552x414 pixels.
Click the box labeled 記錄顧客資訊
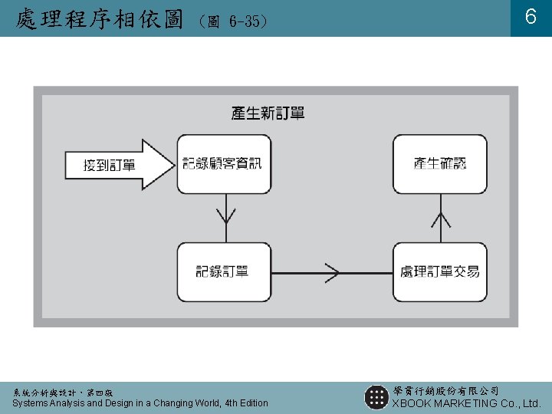[x=223, y=163]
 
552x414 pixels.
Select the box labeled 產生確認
[x=439, y=163]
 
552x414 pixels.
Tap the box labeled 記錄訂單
[x=223, y=271]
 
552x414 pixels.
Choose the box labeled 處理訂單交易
[x=439, y=271]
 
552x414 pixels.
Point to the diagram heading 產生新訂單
[x=268, y=113]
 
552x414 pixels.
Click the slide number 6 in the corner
[x=530, y=18]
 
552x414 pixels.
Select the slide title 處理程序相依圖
[x=99, y=18]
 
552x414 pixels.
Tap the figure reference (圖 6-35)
[x=232, y=21]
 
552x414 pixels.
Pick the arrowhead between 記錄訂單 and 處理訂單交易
[x=330, y=272]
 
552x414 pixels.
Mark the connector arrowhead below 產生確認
[x=440, y=220]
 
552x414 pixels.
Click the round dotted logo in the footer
[x=376, y=396]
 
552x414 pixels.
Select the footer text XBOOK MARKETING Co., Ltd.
[x=467, y=403]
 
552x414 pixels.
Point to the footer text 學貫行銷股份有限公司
[x=445, y=391]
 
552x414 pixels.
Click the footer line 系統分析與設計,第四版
[x=62, y=392]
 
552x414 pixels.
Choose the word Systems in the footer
[x=31, y=403]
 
